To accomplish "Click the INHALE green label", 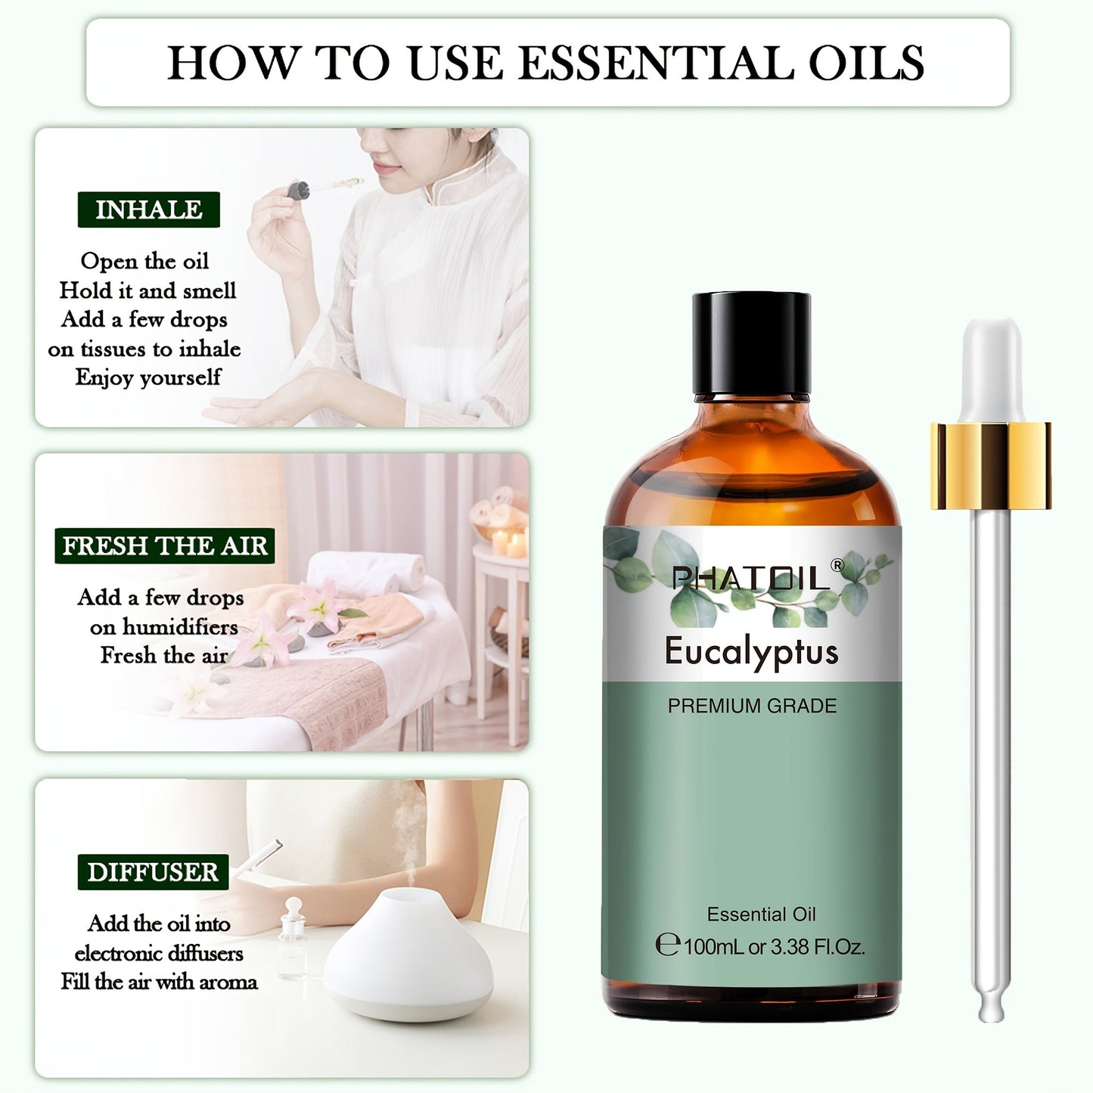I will click(148, 210).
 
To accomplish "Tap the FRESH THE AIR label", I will click(164, 545).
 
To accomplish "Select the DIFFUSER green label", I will click(153, 872).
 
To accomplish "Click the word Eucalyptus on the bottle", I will click(751, 651).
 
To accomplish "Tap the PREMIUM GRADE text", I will click(752, 706).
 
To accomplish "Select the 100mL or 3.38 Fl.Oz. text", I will click(773, 946).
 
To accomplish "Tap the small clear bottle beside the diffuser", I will click(293, 938).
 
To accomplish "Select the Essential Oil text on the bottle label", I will click(761, 914).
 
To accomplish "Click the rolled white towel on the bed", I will click(366, 570).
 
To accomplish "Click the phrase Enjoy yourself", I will click(148, 377).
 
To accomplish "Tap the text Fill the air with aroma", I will click(160, 982).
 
